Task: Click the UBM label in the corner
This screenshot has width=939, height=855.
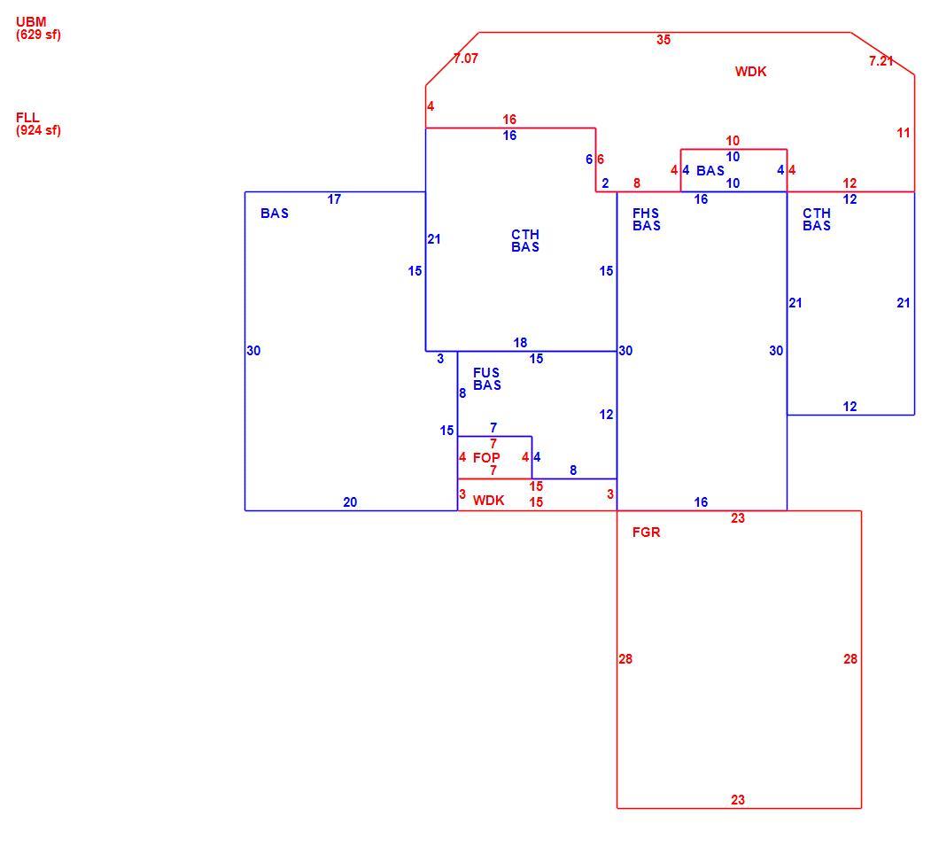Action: (x=31, y=21)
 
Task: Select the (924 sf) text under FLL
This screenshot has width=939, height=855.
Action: (x=38, y=130)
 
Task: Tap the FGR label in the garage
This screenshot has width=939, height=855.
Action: (x=646, y=532)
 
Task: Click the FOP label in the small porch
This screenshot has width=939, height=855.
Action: (x=486, y=458)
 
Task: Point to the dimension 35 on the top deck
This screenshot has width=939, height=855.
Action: (x=664, y=40)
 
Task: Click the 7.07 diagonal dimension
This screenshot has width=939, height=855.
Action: (x=466, y=58)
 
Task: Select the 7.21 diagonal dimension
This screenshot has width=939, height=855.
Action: (x=881, y=60)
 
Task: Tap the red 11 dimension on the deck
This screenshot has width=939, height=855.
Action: (x=904, y=133)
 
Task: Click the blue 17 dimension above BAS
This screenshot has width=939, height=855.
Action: (x=334, y=199)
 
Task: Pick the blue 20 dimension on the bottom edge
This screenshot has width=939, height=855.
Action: (x=350, y=502)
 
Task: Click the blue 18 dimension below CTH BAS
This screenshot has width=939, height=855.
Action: (x=520, y=343)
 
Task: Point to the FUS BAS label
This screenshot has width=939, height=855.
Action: (x=487, y=378)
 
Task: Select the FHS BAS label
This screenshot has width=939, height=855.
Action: (x=646, y=220)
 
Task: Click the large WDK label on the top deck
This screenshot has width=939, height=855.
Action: (x=751, y=71)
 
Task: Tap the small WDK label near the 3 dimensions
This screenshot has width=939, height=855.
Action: (x=489, y=501)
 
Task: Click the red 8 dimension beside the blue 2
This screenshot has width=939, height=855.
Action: (x=637, y=183)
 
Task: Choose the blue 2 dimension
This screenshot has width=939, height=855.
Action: (x=605, y=183)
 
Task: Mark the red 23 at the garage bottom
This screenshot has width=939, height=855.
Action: (x=738, y=799)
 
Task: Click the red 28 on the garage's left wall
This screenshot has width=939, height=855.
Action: (x=625, y=659)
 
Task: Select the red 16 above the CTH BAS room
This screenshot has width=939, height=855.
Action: (x=509, y=120)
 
